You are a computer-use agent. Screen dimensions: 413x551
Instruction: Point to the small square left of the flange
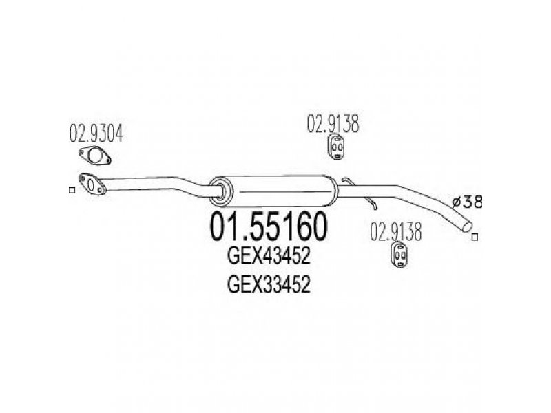point(72,190)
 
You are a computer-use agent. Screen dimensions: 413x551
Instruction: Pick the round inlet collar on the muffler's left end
point(220,189)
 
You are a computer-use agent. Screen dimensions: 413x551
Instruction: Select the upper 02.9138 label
point(334,124)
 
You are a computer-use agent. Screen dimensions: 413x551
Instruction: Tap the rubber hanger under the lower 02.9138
point(398,253)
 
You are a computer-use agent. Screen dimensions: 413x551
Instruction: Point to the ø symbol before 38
point(455,202)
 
